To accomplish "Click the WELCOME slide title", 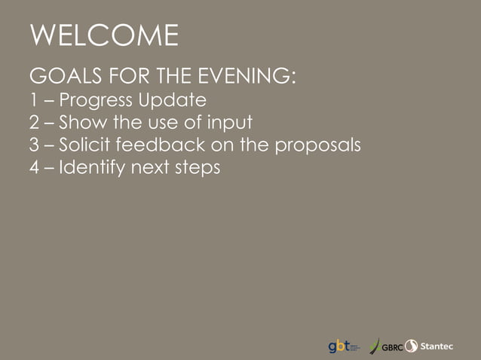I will tap(104, 35).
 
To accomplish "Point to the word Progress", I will tap(96, 100).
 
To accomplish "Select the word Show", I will tap(83, 121).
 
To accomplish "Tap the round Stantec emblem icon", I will tap(412, 346).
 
